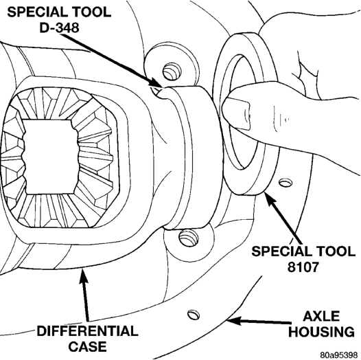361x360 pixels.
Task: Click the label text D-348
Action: click(x=59, y=28)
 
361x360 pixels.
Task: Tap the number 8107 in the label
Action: click(x=303, y=267)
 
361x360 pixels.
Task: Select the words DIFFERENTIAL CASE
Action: click(x=88, y=339)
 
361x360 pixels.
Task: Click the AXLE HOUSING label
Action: click(x=321, y=324)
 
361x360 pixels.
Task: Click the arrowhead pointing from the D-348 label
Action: click(x=156, y=83)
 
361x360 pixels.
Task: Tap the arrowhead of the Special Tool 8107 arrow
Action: click(x=268, y=197)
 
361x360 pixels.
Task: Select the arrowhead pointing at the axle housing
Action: click(x=233, y=321)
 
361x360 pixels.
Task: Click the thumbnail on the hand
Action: click(x=237, y=113)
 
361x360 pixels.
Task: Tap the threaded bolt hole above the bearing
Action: click(x=172, y=71)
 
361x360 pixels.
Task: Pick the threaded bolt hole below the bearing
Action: click(x=188, y=238)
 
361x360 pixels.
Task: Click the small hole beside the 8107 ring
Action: click(x=286, y=183)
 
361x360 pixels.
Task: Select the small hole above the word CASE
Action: click(x=194, y=315)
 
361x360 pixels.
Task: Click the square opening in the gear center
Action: click(x=51, y=157)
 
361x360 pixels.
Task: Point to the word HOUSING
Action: click(x=321, y=331)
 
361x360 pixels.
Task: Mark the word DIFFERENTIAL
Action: click(x=88, y=331)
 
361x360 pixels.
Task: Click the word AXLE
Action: click(x=321, y=316)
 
